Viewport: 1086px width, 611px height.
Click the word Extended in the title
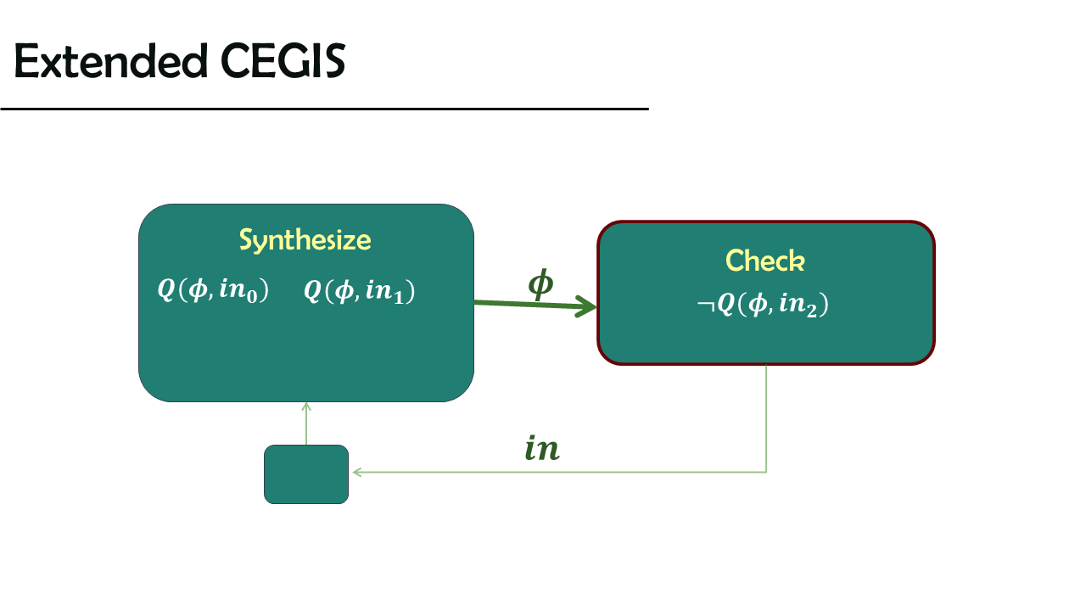pos(111,60)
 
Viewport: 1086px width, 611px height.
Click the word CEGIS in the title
pos(283,60)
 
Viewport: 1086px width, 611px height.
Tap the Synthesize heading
pos(305,240)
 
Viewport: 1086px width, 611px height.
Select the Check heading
pos(765,261)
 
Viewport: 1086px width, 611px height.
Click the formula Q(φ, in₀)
pos(213,290)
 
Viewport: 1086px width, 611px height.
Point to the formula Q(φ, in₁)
pos(359,291)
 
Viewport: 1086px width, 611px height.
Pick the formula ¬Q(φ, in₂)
pos(763,304)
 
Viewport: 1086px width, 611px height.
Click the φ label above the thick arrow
pos(540,283)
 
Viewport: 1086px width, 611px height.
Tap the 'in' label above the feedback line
pos(542,447)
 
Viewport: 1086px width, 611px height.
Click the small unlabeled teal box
pos(306,474)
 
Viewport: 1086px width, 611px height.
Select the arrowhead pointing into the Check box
pos(586,306)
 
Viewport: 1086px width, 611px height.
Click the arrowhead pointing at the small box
pos(357,472)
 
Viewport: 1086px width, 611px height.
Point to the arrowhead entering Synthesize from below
pos(306,406)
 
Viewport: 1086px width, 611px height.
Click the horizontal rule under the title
pos(324,109)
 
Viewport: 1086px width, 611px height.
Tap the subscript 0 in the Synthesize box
pos(252,296)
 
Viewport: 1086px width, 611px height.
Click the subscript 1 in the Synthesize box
pos(399,297)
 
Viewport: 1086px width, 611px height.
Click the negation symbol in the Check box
pos(705,305)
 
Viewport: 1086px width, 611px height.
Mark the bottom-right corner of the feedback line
pos(766,472)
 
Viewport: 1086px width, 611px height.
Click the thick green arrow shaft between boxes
pos(529,304)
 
